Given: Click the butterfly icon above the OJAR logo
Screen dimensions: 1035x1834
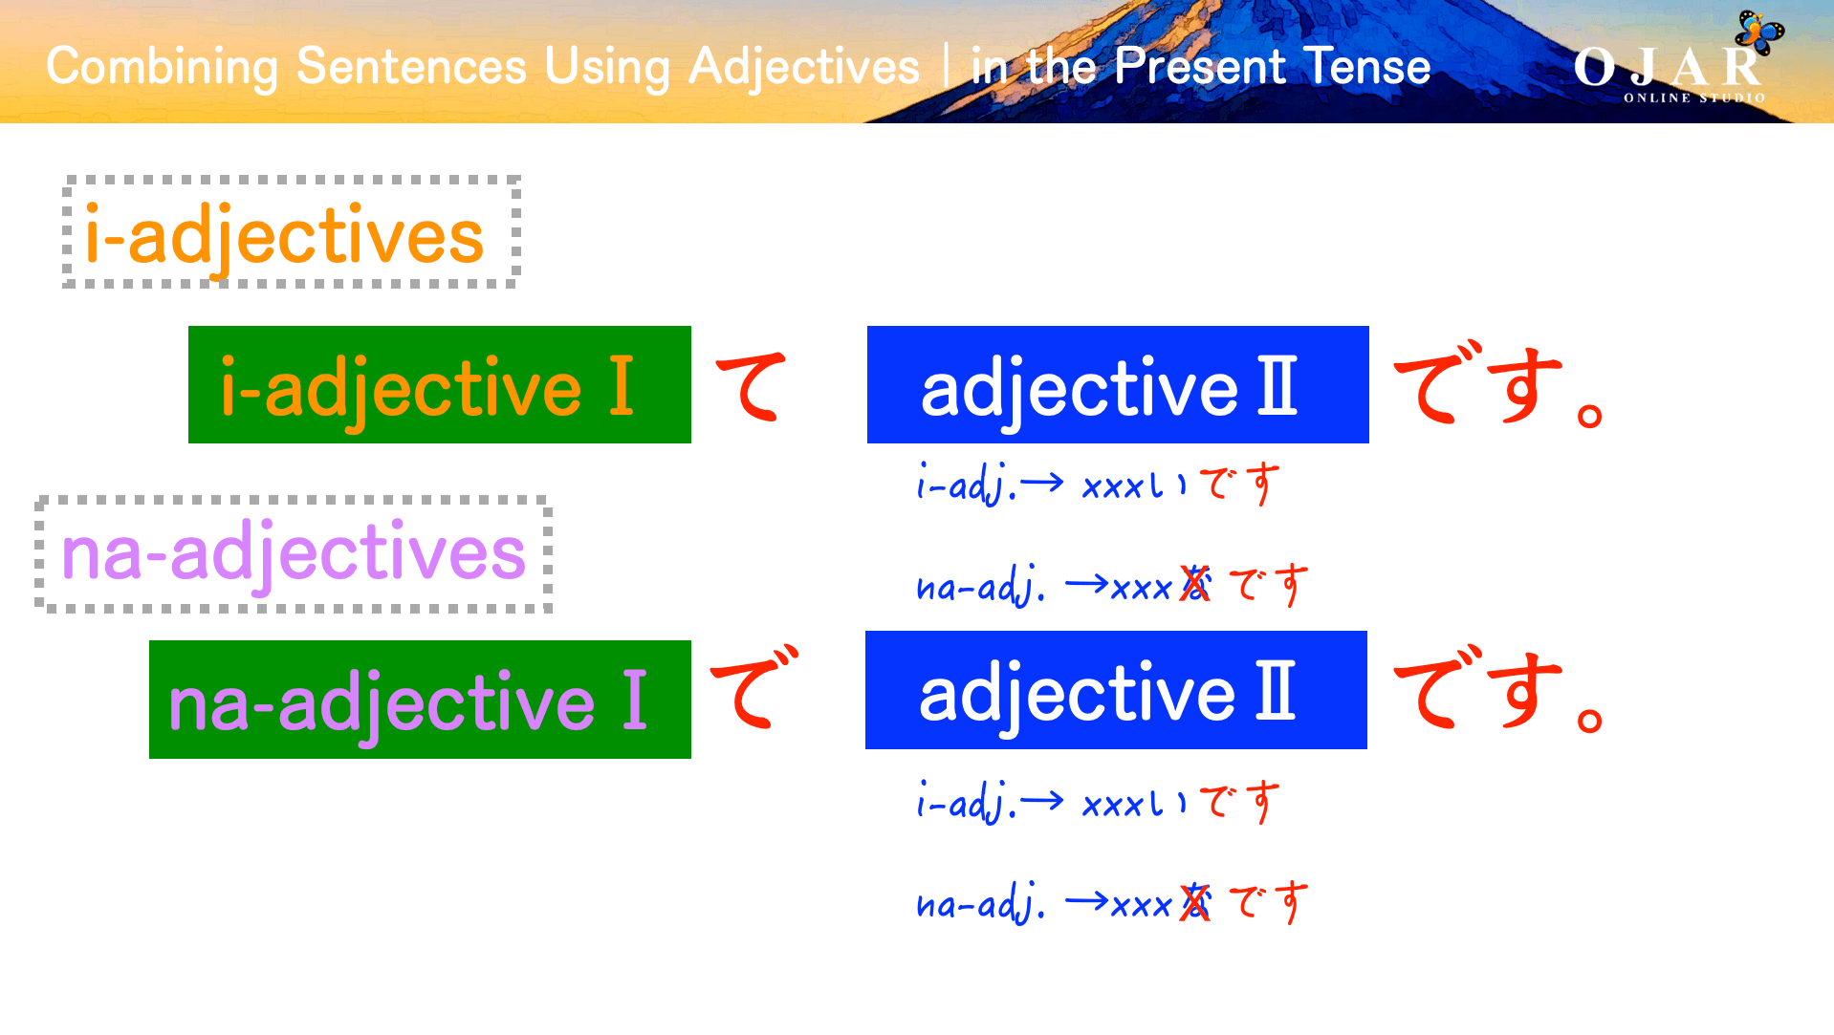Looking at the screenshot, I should click(1759, 32).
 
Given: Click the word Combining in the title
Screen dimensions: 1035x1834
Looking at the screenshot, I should click(162, 67).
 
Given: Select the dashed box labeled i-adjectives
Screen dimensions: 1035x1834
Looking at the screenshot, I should click(291, 232).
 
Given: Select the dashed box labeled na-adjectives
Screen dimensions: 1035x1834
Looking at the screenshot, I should click(293, 554).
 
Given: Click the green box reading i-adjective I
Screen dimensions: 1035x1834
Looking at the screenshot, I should click(439, 385).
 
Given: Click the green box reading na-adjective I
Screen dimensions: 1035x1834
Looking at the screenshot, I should click(420, 701).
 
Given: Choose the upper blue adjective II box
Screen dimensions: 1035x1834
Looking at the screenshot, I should click(1117, 385).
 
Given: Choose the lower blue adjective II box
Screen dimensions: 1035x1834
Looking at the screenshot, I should click(1115, 691).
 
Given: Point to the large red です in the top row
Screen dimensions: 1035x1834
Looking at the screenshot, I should click(1480, 385).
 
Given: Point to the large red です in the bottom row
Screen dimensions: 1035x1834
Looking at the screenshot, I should click(1480, 690).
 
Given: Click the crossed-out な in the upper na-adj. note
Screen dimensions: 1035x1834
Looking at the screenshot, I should click(1195, 584).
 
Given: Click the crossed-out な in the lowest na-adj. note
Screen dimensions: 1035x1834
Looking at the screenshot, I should click(1195, 902).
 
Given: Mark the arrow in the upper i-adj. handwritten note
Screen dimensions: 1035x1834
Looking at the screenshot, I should click(1042, 483).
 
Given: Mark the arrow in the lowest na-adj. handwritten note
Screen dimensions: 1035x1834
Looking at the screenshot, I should click(1086, 901).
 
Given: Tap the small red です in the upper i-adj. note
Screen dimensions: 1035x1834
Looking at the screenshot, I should click(1239, 484).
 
